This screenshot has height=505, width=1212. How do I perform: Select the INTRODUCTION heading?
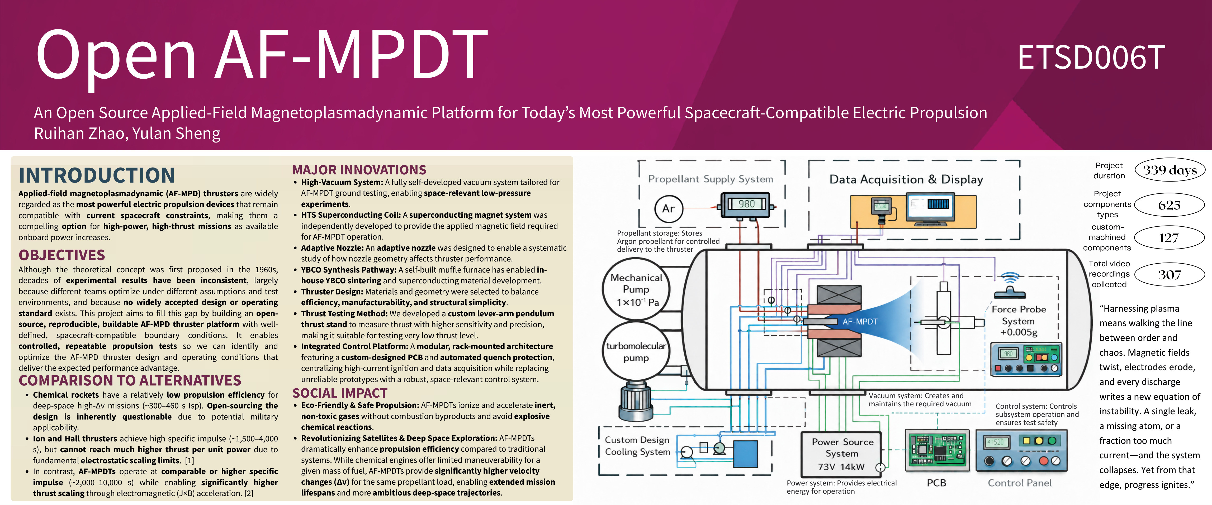(x=97, y=175)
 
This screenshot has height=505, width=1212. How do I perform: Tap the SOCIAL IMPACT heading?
(x=340, y=393)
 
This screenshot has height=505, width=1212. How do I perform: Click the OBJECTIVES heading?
(x=62, y=255)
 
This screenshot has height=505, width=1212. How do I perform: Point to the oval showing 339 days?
(x=1170, y=170)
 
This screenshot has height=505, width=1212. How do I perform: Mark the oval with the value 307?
(x=1170, y=275)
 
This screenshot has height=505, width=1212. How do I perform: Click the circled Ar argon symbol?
(x=669, y=208)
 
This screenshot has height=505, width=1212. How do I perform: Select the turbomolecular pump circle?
(x=636, y=352)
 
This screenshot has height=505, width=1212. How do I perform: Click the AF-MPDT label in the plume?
(x=860, y=322)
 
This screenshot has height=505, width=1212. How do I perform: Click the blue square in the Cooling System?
(x=745, y=454)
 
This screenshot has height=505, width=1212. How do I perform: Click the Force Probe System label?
(x=1019, y=321)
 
